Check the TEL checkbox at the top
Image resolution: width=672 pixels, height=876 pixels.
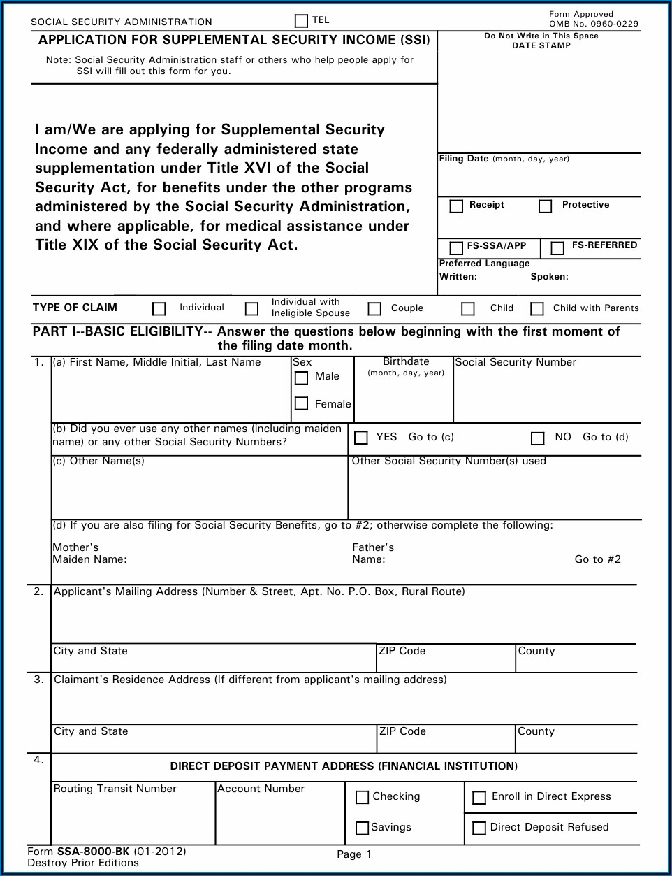pos(301,21)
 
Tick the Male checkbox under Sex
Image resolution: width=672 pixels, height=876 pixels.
pos(302,378)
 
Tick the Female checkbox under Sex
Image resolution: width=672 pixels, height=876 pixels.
pos(302,403)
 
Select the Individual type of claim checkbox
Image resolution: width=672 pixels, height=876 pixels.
pos(159,308)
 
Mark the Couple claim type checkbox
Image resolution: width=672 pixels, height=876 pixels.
pos(375,308)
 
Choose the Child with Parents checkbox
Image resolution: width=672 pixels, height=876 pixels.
pos(537,308)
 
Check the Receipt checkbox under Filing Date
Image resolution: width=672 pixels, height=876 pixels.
pos(457,206)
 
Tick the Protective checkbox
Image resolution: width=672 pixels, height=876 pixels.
pos(546,206)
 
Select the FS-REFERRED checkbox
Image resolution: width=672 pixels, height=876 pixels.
pos(557,247)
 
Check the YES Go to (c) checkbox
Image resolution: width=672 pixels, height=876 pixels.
pos(361,438)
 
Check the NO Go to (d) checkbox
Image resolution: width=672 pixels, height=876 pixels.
pos(537,438)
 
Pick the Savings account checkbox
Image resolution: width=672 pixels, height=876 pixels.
pos(362,828)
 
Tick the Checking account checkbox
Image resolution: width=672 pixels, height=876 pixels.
pos(362,797)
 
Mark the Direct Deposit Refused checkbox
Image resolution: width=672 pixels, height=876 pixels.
pos(479,828)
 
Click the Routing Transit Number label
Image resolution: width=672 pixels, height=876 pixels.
pos(115,789)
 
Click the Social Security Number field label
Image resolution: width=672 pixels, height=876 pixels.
pos(516,362)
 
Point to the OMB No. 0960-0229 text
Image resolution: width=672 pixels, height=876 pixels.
pos(594,24)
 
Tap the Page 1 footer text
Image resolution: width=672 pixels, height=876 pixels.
pos(354,854)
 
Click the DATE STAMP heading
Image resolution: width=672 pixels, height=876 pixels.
pos(541,45)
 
